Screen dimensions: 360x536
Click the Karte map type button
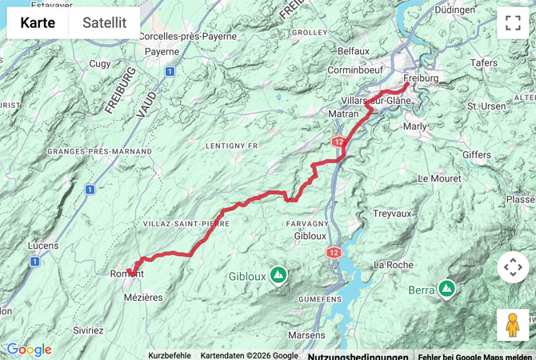pyautogui.click(x=38, y=23)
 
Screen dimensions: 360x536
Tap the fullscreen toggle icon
pyautogui.click(x=512, y=24)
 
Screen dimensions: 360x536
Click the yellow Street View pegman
pyautogui.click(x=512, y=325)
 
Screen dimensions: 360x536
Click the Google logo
pyautogui.click(x=29, y=350)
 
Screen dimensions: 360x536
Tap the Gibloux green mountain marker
pyautogui.click(x=278, y=275)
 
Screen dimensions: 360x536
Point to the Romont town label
pyautogui.click(x=126, y=274)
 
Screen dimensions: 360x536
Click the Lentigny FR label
pyautogui.click(x=232, y=146)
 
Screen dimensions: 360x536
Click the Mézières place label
pyautogui.click(x=143, y=297)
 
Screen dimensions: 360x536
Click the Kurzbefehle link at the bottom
pyautogui.click(x=170, y=355)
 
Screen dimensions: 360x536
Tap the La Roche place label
pyautogui.click(x=392, y=264)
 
